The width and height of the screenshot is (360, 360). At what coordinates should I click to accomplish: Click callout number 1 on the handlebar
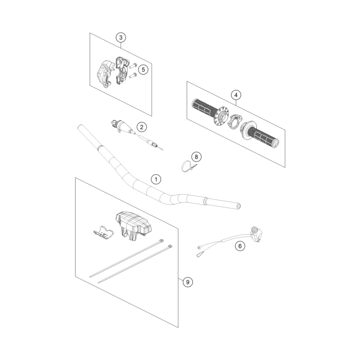[x=156, y=179]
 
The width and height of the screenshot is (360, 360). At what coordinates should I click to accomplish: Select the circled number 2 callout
[x=141, y=127]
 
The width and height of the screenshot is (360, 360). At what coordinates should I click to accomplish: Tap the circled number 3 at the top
[x=121, y=37]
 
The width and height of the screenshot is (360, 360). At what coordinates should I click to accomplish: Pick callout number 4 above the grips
[x=235, y=95]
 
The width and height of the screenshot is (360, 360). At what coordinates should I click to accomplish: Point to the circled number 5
[x=142, y=70]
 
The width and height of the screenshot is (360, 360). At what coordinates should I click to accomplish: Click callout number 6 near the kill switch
[x=239, y=246]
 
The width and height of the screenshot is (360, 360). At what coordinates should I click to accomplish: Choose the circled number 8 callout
[x=196, y=157]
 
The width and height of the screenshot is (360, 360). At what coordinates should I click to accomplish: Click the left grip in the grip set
[x=203, y=108]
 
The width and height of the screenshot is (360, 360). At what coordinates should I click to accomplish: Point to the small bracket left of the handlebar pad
[x=103, y=232]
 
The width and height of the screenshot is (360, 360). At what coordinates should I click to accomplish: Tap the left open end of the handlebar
[x=80, y=128]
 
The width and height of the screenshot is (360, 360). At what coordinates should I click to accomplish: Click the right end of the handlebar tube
[x=237, y=206]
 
